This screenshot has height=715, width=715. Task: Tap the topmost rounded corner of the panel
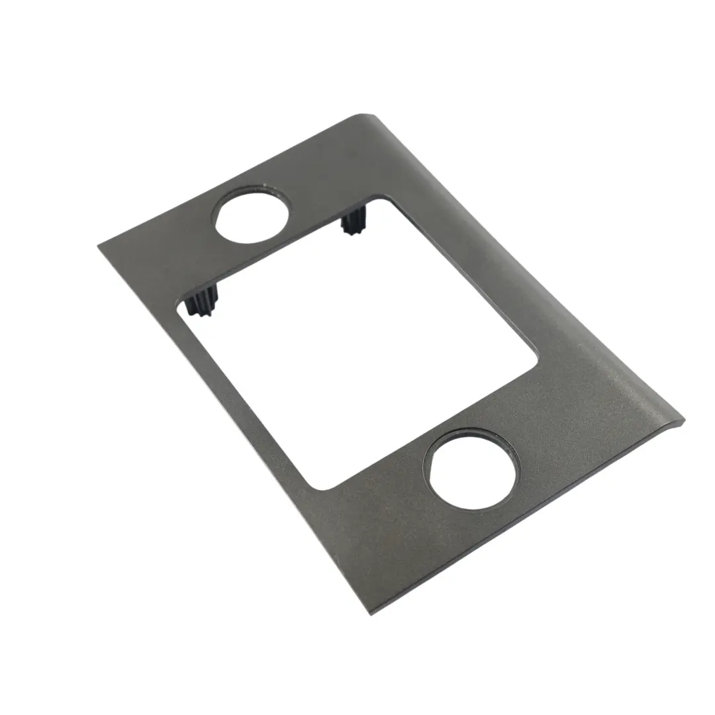pyautogui.click(x=361, y=117)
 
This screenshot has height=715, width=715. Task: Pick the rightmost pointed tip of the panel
pyautogui.click(x=682, y=424)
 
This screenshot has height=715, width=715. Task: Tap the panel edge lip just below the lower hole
pyautogui.click(x=530, y=523)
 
